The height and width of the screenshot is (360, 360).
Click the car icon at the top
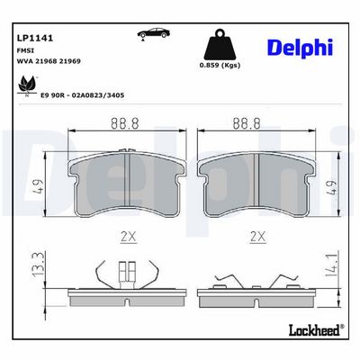click(150, 34)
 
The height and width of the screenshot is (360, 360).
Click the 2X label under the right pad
click(259, 237)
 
